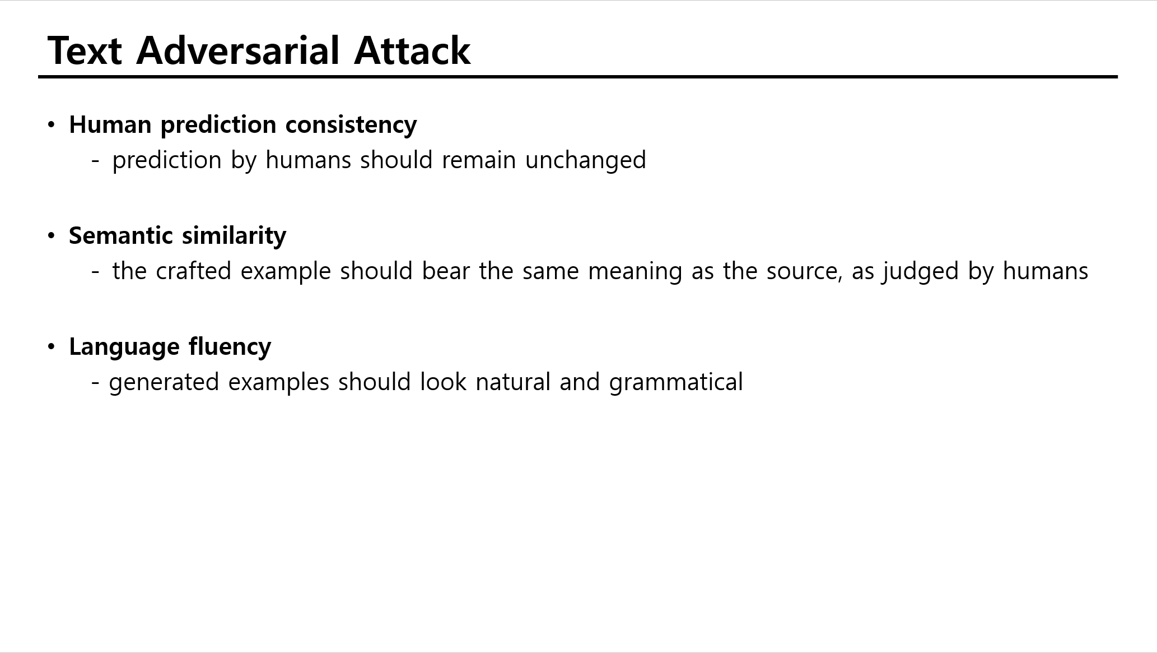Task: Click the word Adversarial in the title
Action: coord(238,50)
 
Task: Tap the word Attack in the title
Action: coord(412,50)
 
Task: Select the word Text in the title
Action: coord(85,50)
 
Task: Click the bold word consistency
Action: coord(351,124)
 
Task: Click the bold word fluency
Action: coord(230,347)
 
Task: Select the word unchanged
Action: coord(586,160)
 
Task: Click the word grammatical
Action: coord(676,382)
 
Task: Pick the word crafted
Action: coord(193,271)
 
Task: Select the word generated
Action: coord(164,383)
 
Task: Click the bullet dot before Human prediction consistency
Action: coord(52,125)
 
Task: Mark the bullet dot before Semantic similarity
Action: coord(52,236)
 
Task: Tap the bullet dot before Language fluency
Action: coord(52,347)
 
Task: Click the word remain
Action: coord(479,160)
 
